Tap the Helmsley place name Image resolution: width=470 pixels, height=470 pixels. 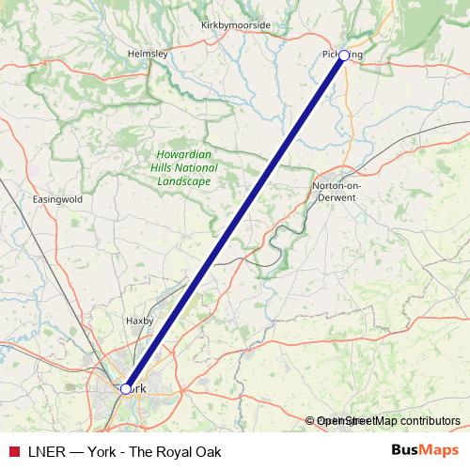[148, 55]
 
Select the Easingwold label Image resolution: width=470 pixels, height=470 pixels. [57, 200]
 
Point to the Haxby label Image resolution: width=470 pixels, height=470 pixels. [139, 321]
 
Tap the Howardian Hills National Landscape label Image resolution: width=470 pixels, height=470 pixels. [185, 168]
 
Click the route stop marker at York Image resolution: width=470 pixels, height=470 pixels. [125, 388]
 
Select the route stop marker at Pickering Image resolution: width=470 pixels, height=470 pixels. [344, 55]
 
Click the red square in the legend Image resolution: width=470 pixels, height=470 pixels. [13, 451]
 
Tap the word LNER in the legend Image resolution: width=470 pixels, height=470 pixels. [47, 451]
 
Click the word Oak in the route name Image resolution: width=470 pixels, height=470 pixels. [207, 451]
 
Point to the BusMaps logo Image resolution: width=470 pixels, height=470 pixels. [426, 451]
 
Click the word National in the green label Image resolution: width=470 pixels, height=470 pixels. [199, 168]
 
